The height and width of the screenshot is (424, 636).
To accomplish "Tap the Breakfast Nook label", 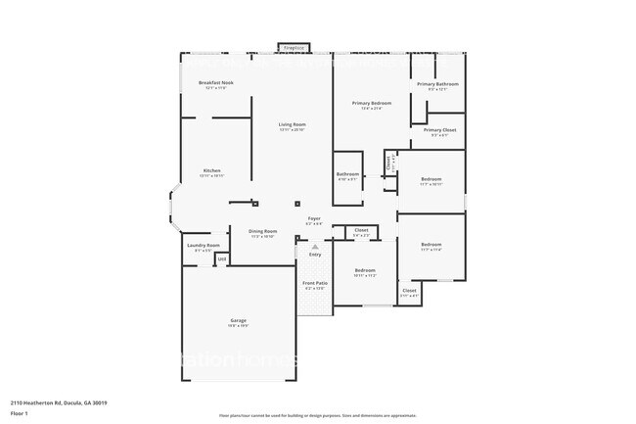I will point(215,83).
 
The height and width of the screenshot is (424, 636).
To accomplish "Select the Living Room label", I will point(293,124).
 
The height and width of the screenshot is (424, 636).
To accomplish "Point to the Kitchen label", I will point(211,170).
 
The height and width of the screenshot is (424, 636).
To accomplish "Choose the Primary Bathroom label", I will point(437,84).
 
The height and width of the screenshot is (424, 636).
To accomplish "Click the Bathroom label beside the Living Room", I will point(347,174).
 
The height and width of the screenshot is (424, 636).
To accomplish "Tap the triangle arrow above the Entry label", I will point(314,247).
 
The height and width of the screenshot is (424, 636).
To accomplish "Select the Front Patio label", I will point(315,283).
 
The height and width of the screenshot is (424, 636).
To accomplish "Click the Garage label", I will point(238,322).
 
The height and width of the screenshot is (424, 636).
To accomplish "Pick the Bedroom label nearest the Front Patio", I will point(364,270).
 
